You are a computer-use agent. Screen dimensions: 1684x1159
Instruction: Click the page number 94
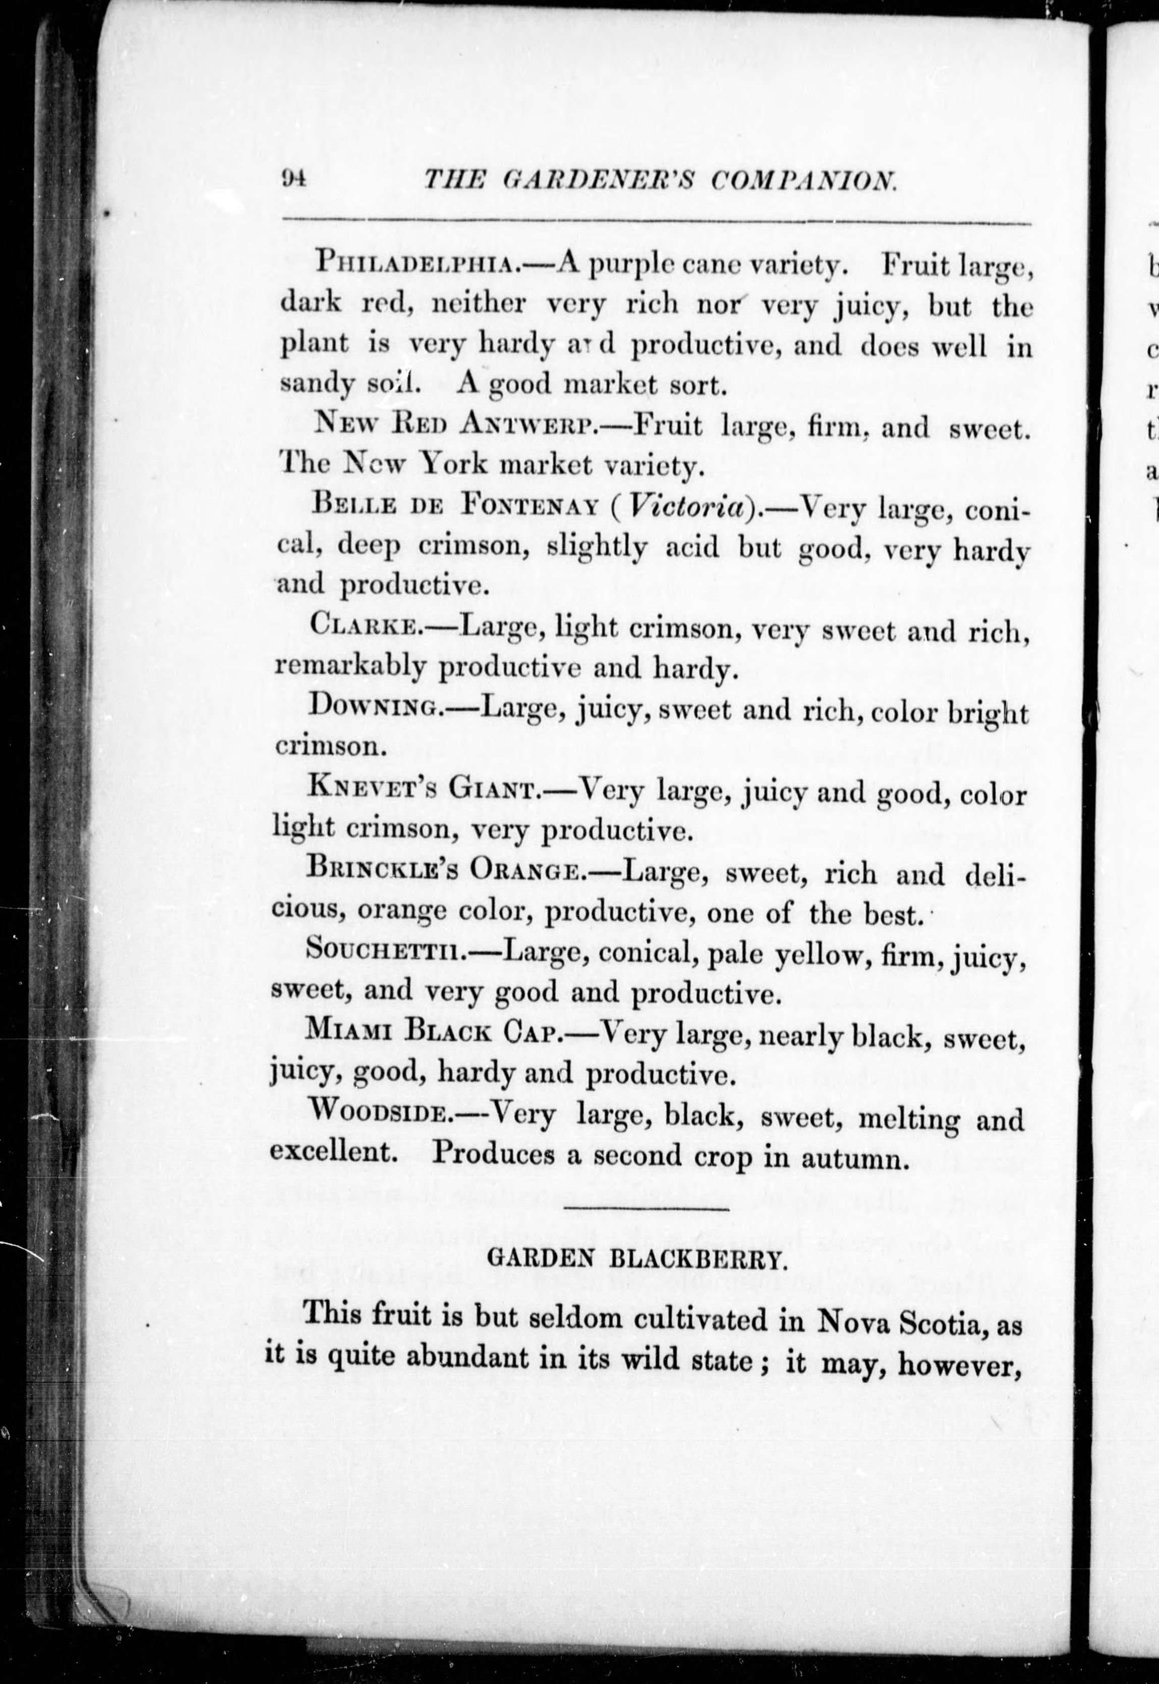(295, 178)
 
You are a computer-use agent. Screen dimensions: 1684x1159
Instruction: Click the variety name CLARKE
(361, 625)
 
